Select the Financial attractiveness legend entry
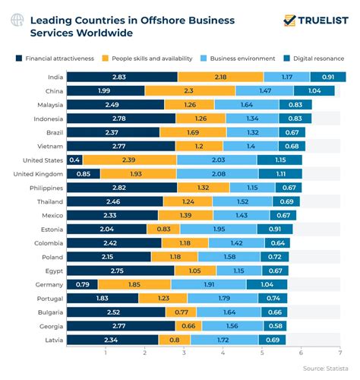coord(56,58)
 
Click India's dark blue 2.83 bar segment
coord(122,77)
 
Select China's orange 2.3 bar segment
coord(189,91)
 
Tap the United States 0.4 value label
coord(74,160)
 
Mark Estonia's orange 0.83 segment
coord(163,230)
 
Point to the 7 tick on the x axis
coord(340,353)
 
